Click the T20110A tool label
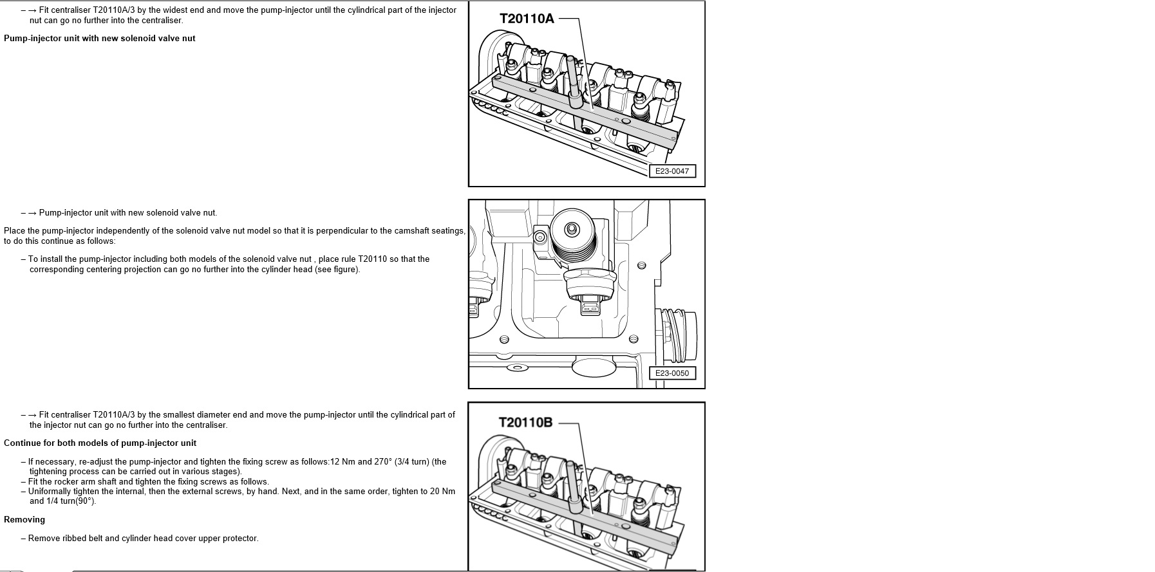click(526, 19)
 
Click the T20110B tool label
click(525, 423)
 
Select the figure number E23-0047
click(671, 171)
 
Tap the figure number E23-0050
click(671, 373)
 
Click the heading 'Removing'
click(24, 520)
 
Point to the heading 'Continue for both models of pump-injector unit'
click(100, 443)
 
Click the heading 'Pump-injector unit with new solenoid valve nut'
click(99, 39)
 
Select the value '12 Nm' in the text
click(343, 462)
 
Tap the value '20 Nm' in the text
click(442, 492)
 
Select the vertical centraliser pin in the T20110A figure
click(572, 80)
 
